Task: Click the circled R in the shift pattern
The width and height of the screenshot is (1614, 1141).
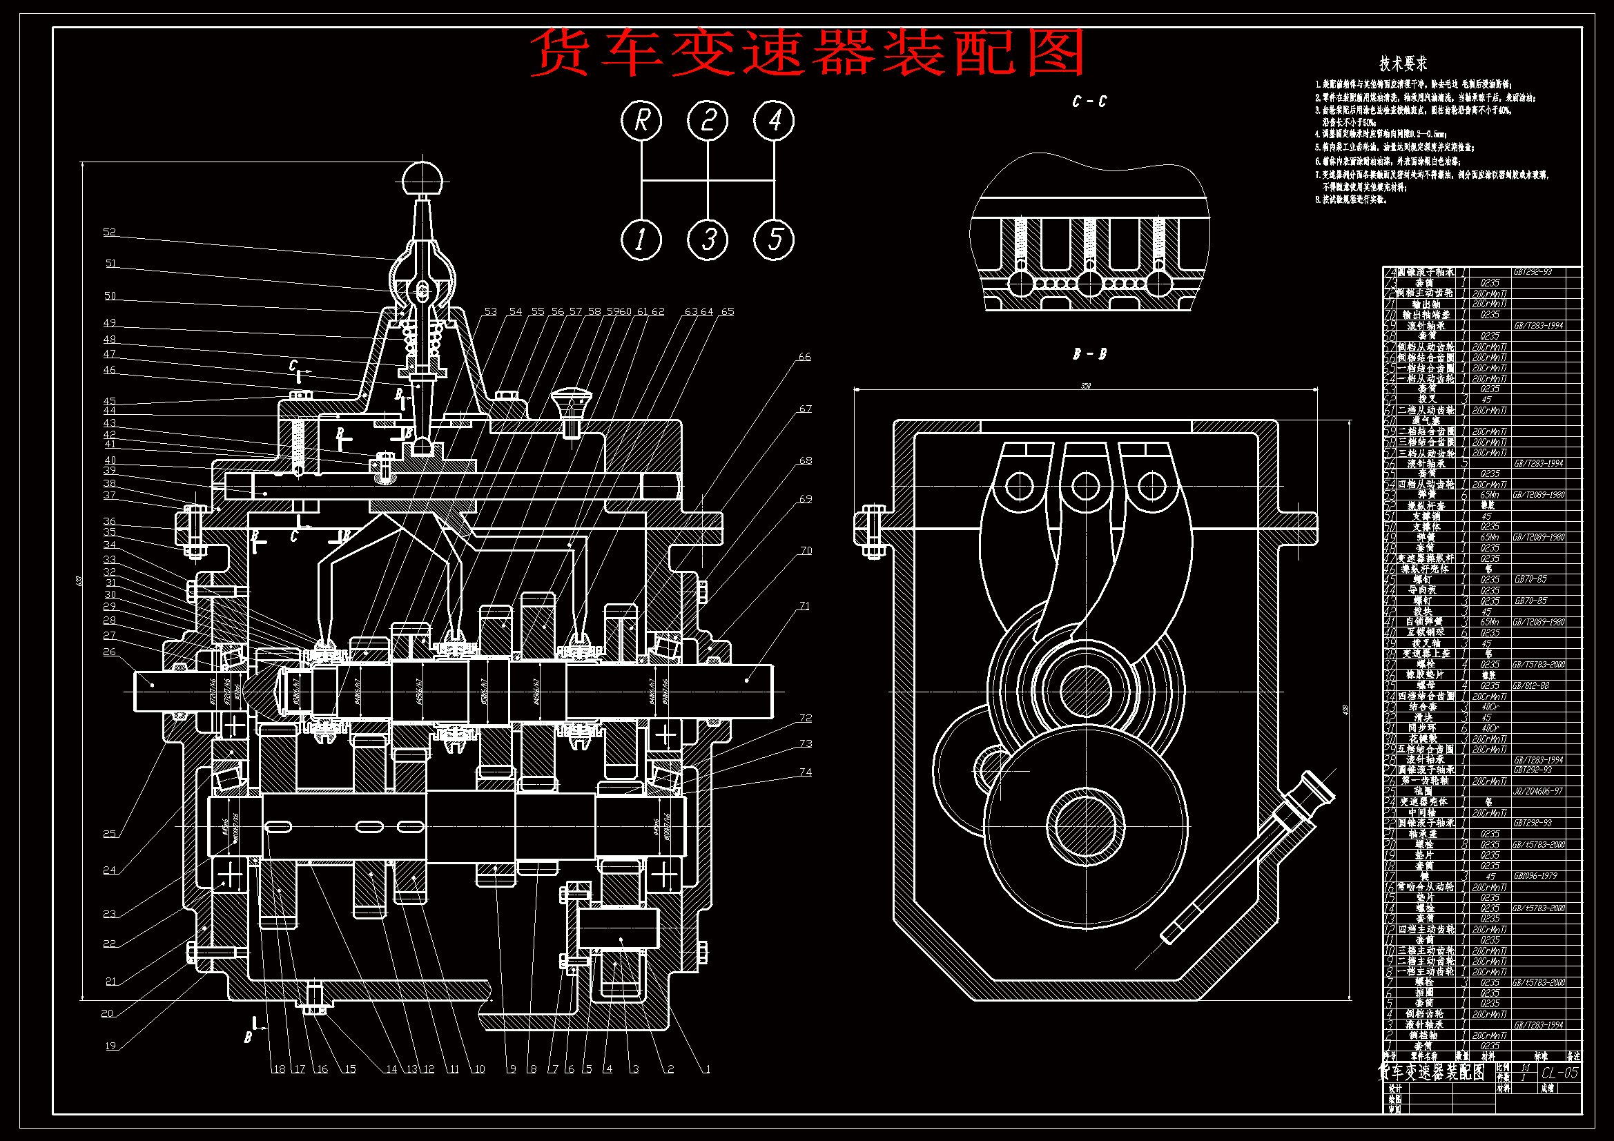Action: click(641, 121)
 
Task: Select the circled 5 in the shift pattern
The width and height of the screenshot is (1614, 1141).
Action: click(774, 240)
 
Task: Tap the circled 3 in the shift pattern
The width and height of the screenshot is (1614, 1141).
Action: click(708, 240)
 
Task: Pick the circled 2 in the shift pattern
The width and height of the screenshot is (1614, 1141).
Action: click(708, 121)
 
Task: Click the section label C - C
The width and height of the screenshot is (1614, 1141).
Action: click(1089, 102)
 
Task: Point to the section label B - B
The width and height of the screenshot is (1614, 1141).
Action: click(1089, 354)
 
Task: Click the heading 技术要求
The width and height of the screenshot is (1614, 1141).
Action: click(1403, 64)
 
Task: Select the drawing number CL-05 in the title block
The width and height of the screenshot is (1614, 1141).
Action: click(1560, 1073)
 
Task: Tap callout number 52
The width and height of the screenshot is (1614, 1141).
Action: click(109, 232)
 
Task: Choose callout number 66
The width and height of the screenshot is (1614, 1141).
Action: click(805, 356)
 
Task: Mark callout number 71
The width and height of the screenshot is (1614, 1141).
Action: click(805, 605)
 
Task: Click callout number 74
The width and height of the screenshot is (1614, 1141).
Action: click(806, 772)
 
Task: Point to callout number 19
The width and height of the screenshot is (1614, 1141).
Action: click(110, 1045)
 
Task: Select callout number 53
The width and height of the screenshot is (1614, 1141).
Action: click(490, 311)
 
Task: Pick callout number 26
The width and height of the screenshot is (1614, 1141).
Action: click(109, 652)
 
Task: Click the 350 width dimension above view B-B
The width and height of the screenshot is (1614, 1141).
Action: click(1085, 386)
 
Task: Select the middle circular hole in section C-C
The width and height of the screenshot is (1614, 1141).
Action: click(1089, 284)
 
